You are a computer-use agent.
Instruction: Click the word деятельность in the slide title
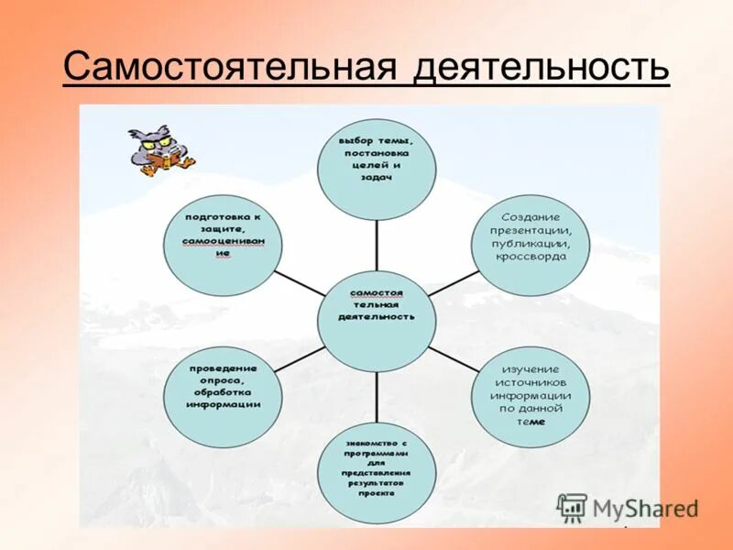pos(541,69)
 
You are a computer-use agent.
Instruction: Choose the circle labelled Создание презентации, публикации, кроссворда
pos(530,237)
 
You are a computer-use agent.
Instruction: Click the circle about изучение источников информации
pos(531,389)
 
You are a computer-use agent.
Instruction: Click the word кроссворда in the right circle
pos(531,257)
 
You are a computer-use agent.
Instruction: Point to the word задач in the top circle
pos(377,178)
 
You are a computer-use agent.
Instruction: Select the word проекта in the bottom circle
pos(377,492)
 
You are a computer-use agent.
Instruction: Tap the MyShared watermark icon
pos(572,507)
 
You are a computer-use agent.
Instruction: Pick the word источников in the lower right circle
pos(531,380)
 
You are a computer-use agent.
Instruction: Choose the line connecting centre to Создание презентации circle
pos(453,281)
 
